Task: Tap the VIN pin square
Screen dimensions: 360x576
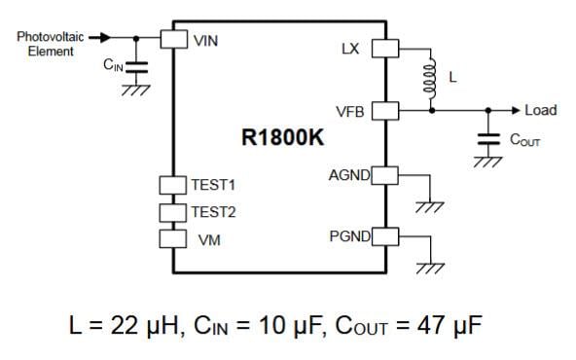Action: click(173, 38)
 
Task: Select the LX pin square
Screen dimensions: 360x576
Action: click(386, 48)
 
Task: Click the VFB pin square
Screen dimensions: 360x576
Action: click(386, 111)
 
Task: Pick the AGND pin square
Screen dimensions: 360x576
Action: click(386, 175)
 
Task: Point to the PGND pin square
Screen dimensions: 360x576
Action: click(386, 236)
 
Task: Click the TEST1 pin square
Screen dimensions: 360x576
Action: click(173, 184)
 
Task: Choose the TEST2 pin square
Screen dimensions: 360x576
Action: click(173, 211)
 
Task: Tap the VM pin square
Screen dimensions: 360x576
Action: click(173, 237)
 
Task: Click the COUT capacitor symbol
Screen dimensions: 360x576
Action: click(483, 139)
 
